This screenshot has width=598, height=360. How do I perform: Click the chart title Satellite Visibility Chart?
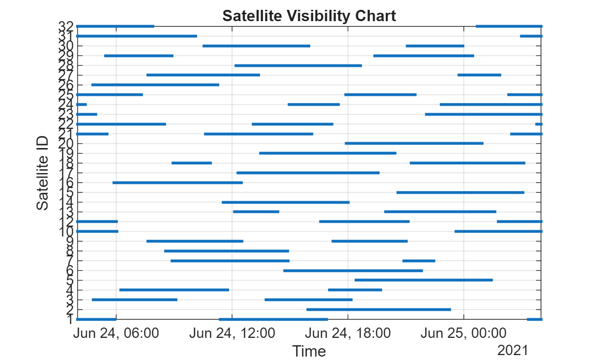[x=309, y=16]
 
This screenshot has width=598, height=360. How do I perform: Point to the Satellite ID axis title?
[x=43, y=173]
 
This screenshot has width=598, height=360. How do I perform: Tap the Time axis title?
[x=309, y=351]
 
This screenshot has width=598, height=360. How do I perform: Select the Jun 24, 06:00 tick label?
[x=116, y=333]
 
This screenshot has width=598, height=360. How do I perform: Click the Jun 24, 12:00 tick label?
[x=232, y=333]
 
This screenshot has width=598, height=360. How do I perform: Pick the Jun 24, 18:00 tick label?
[x=348, y=333]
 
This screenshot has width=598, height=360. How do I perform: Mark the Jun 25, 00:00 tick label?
[x=464, y=333]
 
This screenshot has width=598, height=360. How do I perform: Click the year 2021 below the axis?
[x=512, y=350]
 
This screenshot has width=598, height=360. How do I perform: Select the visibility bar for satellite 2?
[x=378, y=309]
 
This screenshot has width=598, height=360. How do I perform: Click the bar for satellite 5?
[x=423, y=280]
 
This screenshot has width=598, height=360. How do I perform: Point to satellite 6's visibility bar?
[x=353, y=270]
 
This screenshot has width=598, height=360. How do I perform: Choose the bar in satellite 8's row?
[x=226, y=251]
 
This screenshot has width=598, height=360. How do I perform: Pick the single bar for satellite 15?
[x=460, y=192]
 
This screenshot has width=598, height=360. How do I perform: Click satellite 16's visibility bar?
[x=178, y=182]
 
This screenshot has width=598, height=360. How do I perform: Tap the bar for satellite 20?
[x=414, y=144]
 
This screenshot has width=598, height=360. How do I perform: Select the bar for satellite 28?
[x=298, y=65]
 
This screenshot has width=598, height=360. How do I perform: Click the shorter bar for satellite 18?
[x=191, y=163]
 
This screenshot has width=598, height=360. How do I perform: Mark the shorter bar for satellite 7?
[x=419, y=261]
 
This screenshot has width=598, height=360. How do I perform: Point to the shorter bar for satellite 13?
[x=256, y=212]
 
